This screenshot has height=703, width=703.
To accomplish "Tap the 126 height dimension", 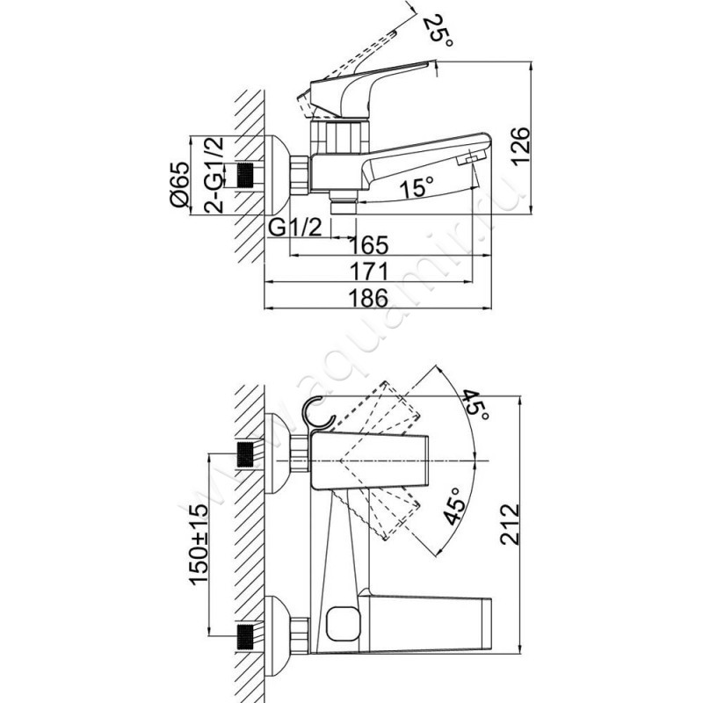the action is (x=521, y=147).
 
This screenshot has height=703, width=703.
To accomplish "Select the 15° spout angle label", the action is (x=417, y=186).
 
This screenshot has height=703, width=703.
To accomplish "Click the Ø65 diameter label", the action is (x=180, y=185).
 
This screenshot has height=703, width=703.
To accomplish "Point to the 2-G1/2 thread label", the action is (x=214, y=175).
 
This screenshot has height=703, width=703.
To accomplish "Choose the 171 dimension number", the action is (x=368, y=272).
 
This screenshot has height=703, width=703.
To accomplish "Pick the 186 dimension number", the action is (x=368, y=298).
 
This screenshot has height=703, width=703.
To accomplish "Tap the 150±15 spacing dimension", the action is (x=199, y=544).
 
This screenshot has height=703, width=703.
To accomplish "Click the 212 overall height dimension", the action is (x=510, y=525).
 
